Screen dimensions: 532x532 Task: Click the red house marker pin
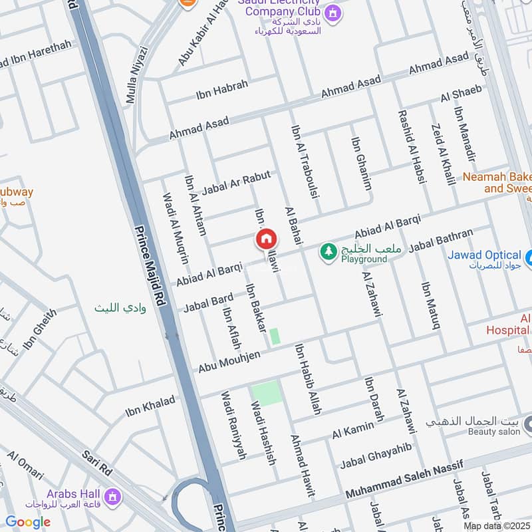[x=266, y=239]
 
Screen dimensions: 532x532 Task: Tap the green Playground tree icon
[x=327, y=251]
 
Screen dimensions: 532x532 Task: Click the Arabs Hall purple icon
[x=113, y=495]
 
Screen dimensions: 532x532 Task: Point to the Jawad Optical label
[x=484, y=255]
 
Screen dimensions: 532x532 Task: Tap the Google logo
[x=28, y=522]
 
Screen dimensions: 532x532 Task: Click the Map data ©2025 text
[x=497, y=525]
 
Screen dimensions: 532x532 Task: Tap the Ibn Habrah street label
[x=222, y=90]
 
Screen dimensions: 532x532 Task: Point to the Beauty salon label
[x=493, y=432]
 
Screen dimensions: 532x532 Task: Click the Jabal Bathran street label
[x=441, y=241]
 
